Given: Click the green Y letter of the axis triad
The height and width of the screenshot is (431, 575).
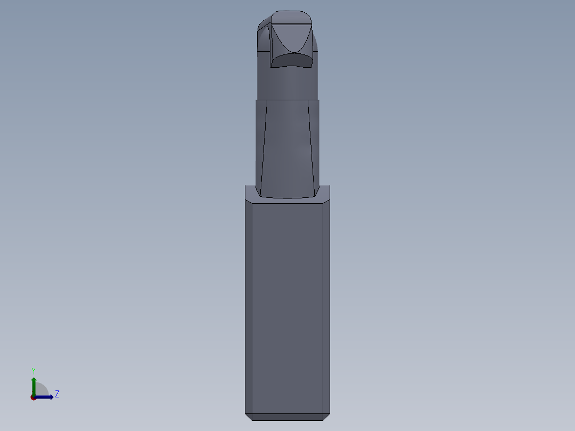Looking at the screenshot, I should point(34,370).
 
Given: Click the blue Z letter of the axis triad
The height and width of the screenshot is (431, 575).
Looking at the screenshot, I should point(57,394).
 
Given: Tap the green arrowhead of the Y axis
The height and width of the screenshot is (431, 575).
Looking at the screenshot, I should point(34,380).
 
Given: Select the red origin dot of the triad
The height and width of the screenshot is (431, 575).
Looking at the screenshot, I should point(33,397).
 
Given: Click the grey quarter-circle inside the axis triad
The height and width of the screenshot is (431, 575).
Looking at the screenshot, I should point(41,390).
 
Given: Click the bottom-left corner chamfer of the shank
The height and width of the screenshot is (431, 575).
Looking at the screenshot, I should point(249,416).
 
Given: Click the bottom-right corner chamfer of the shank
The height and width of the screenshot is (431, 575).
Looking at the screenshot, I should point(326,416).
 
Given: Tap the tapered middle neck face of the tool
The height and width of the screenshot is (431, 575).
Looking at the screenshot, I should point(287,149).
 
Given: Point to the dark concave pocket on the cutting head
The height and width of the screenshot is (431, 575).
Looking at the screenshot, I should point(291,59).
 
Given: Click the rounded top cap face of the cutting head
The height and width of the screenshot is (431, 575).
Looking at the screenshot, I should point(290,18).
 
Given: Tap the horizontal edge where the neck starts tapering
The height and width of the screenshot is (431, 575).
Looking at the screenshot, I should point(287,100).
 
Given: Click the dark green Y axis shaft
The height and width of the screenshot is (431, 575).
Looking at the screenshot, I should point(34,388).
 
